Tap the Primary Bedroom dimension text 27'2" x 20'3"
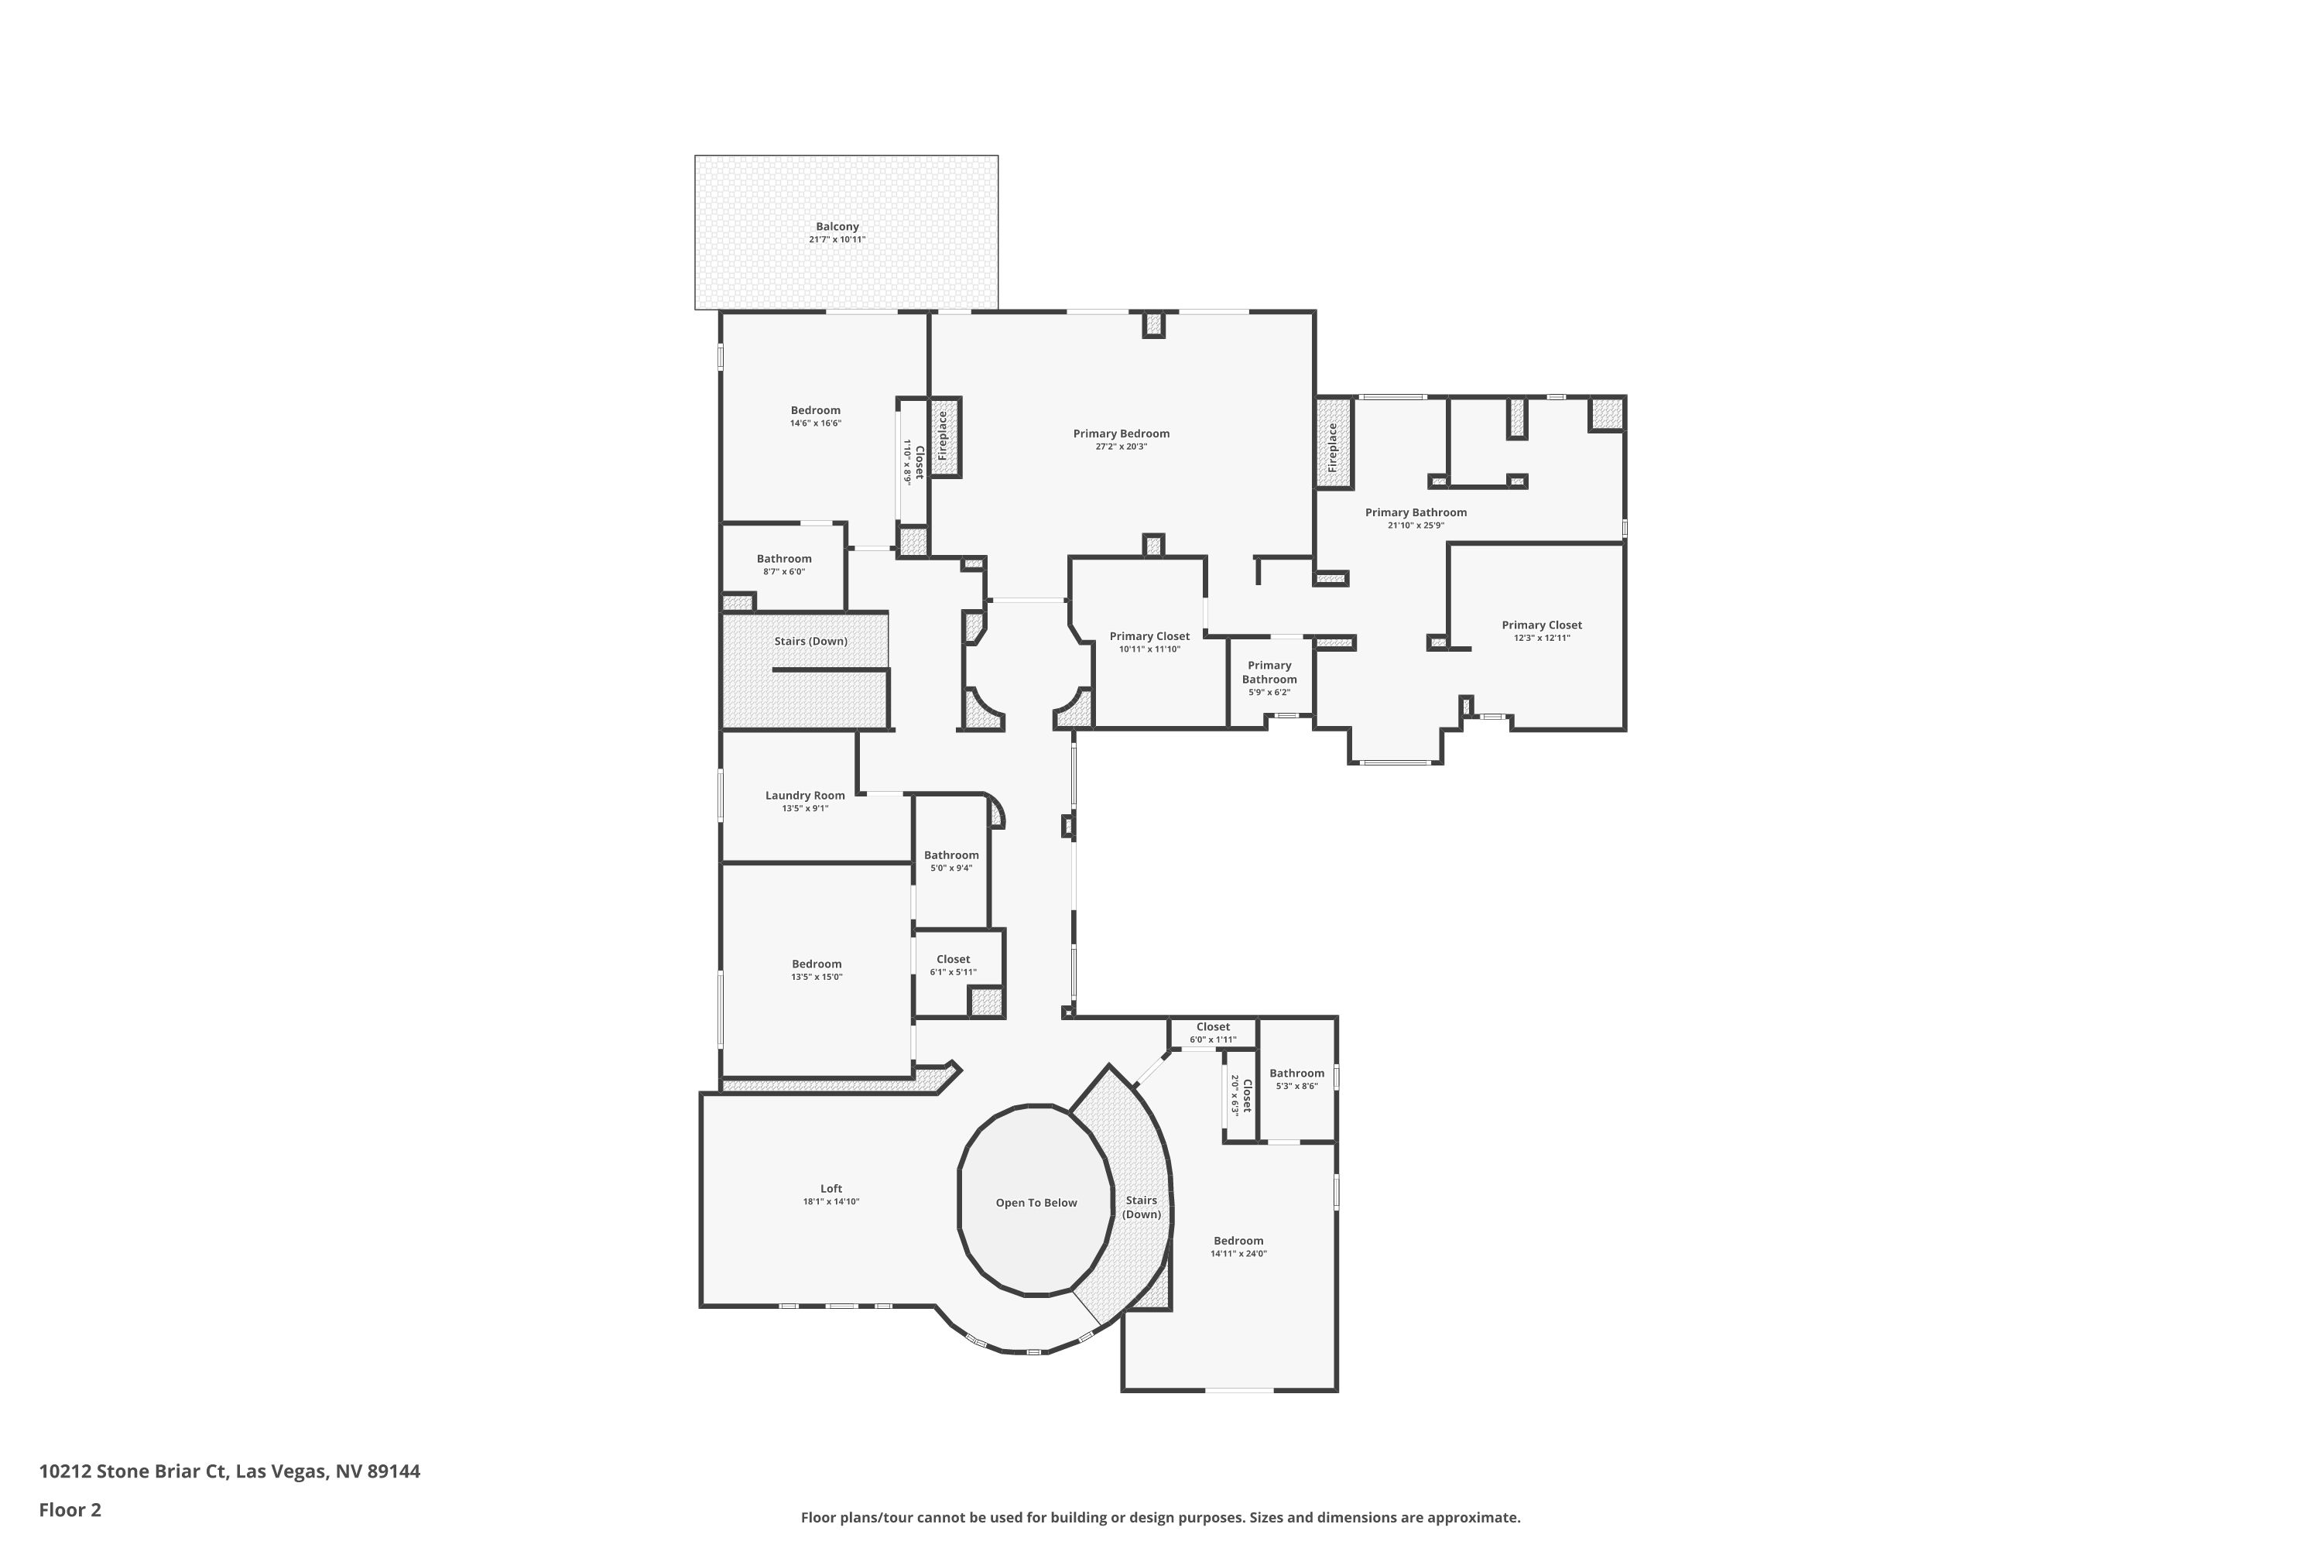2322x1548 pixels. tap(1121, 447)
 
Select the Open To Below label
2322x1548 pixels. tap(1036, 1203)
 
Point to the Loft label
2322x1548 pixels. tap(831, 1189)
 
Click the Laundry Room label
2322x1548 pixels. tap(805, 796)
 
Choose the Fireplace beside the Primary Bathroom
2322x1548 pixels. tap(1332, 447)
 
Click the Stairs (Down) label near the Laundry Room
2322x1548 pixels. tap(810, 642)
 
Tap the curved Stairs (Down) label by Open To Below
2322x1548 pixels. tap(1141, 1207)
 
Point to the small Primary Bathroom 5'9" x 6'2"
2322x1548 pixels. tap(1269, 678)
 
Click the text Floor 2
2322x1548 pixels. tap(70, 1509)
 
